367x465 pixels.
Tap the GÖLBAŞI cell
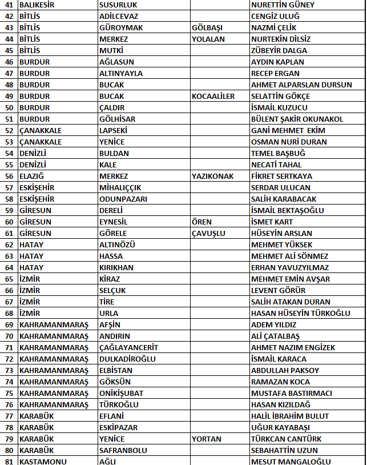click(x=207, y=27)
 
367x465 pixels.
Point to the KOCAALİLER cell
click(x=213, y=96)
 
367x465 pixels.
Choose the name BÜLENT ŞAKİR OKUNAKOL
click(x=297, y=119)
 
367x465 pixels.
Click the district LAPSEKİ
click(x=113, y=130)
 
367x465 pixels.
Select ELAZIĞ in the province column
click(x=33, y=176)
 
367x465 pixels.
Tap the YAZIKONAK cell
click(x=213, y=176)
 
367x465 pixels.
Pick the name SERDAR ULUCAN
click(x=281, y=187)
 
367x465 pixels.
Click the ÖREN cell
click(x=201, y=222)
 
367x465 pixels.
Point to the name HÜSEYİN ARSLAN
click(x=281, y=233)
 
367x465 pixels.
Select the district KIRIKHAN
click(x=116, y=267)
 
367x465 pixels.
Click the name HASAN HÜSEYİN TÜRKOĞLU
click(x=301, y=313)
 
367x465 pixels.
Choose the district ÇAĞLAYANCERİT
click(x=128, y=347)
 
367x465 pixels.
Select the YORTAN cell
click(x=207, y=439)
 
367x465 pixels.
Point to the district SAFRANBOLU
click(x=123, y=450)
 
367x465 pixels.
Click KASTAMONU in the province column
click(x=39, y=461)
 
